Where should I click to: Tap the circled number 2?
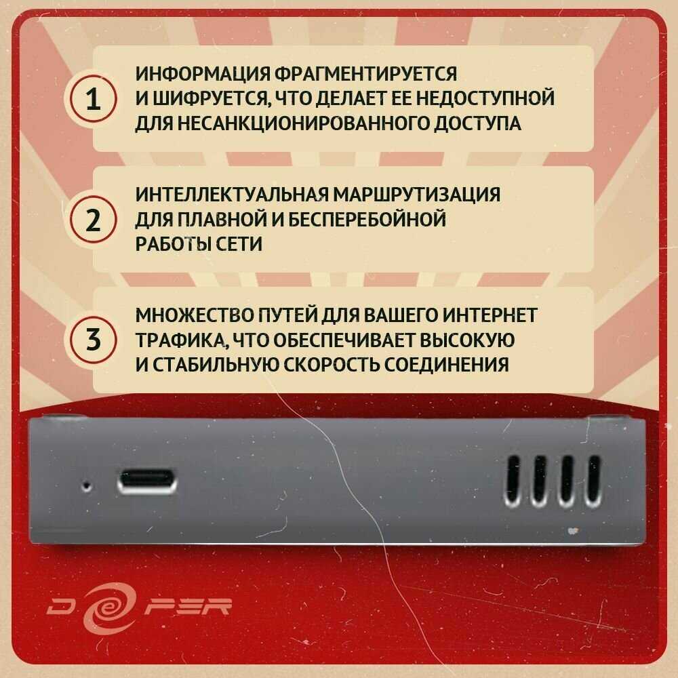[92, 219]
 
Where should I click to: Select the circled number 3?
[92, 340]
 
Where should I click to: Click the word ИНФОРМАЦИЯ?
[203, 74]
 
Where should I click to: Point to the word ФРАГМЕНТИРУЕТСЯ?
[366, 74]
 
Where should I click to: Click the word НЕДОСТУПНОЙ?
[485, 98]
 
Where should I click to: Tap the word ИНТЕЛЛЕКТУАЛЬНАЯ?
[232, 195]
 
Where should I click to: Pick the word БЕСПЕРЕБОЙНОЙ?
[367, 219]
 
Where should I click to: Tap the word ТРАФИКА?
[181, 340]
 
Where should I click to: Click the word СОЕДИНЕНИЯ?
[446, 365]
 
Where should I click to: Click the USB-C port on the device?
[147, 481]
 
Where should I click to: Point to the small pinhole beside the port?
[87, 487]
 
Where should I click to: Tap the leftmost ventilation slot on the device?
[513, 481]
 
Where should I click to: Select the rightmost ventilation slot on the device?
[593, 481]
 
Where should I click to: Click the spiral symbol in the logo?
[108, 607]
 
